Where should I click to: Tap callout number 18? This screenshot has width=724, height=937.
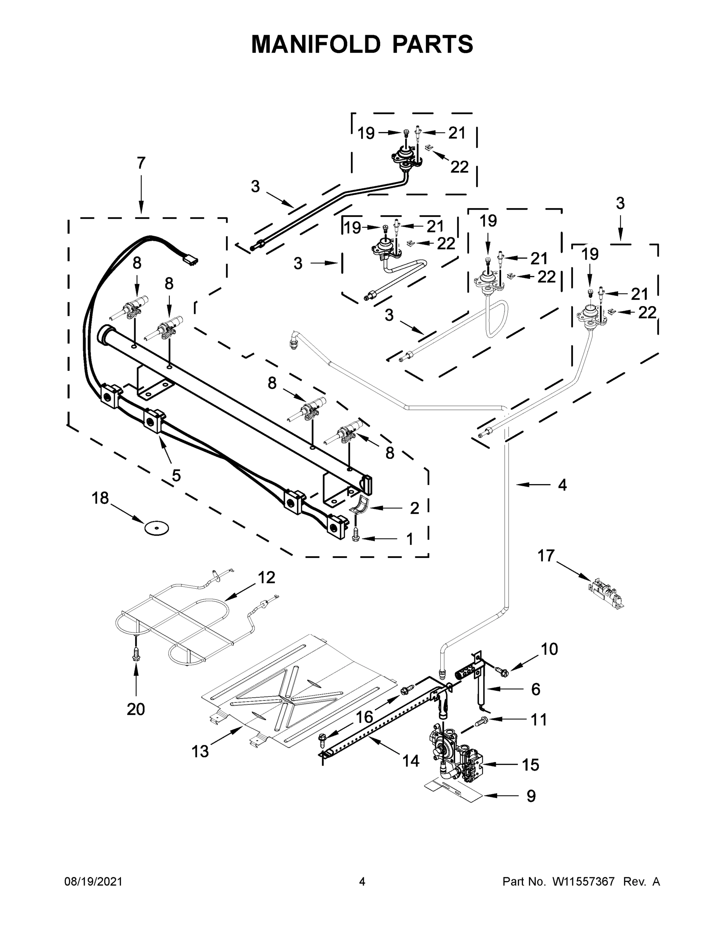100,499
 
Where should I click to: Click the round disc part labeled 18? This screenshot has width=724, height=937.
156,528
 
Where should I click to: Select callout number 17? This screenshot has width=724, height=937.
546,556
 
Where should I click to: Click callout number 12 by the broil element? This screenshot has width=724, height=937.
266,578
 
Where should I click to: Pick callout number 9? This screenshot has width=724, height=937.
531,796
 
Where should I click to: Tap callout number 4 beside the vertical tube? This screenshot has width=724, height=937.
562,485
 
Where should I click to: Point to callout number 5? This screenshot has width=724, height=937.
176,476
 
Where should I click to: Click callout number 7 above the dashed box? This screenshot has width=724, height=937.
141,163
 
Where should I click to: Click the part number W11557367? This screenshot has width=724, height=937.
583,882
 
